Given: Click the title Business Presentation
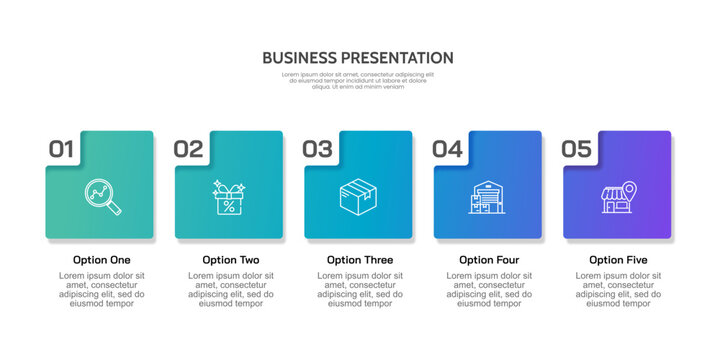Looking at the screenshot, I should coord(358,58).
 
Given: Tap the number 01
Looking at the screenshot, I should coord(62,149).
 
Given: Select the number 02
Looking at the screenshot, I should coord(188,149).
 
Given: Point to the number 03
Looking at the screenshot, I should coord(317,149).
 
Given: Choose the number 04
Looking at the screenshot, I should coord(447,149).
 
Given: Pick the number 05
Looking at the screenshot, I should coord(576,149).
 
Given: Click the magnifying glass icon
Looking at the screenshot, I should coord(101,196).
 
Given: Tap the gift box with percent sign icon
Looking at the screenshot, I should coord(229,197).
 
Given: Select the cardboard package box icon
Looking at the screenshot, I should coord(358,196).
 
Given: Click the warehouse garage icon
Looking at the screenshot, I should coord(487,197).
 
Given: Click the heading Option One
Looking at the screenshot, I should coord(101,260).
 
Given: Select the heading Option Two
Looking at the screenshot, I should coord(231,260).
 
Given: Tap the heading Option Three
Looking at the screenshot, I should coord(360,260).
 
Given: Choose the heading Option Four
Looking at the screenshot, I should coord(489,260).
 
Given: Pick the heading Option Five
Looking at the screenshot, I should coord(618,260).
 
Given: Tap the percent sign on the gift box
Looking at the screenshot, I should coord(229,206).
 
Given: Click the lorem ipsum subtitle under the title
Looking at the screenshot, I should coord(358,80).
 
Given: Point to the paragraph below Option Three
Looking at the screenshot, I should coord(360,289).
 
